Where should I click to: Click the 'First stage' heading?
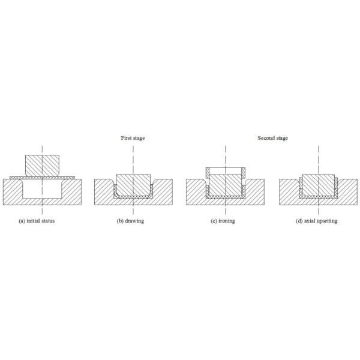133,138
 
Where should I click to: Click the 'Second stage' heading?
272,138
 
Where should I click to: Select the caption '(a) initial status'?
41,221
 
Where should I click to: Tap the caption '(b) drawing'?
130,221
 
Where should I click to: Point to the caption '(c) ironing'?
223,221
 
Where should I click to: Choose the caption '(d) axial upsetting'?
317,221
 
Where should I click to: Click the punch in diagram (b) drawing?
133,184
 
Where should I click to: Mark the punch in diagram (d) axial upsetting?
318,185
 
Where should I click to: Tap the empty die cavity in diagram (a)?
42,190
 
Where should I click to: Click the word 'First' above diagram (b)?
126,138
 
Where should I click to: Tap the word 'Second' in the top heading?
266,138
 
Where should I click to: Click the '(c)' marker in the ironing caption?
214,221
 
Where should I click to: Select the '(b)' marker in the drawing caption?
120,221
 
